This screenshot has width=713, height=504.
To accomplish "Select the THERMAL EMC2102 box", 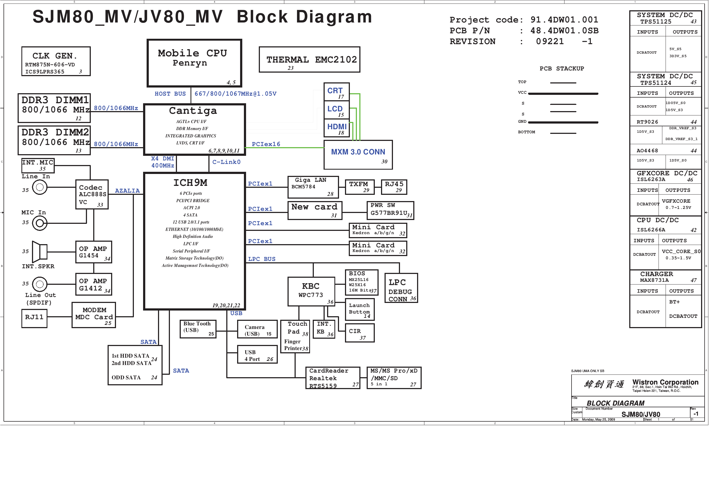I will coord(309,60).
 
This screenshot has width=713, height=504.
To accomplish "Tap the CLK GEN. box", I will coord(56,61).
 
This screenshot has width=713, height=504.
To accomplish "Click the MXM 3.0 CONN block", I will coord(358,155).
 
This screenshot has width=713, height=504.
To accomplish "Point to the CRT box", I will coord(336,92).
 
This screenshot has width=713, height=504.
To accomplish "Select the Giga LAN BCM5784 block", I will coord(313,187).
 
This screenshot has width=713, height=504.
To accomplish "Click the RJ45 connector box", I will coord(394,187).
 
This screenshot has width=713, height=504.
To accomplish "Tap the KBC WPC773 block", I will coord(311,291).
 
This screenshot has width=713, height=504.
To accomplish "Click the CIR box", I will coord(359,333).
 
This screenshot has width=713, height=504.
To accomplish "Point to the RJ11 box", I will coord(34,318).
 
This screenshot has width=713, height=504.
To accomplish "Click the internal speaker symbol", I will coord(40,251).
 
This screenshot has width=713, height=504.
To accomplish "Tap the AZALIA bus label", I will coord(127,191).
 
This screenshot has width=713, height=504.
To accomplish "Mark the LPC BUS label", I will coord(262,259).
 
